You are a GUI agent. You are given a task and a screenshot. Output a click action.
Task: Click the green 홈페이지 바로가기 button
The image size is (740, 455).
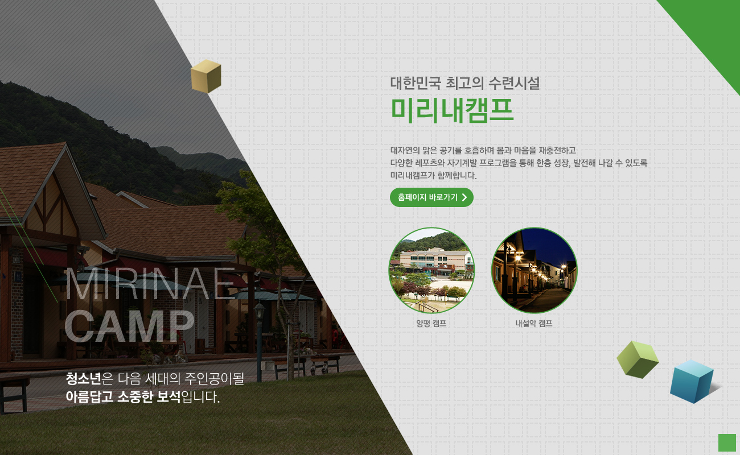[431, 197]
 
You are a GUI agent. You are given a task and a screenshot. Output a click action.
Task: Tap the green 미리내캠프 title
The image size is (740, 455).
[453, 110]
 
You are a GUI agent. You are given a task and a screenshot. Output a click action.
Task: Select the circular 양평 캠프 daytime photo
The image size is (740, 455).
[431, 270]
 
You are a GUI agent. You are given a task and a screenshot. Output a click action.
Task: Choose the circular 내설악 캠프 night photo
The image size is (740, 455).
[534, 270]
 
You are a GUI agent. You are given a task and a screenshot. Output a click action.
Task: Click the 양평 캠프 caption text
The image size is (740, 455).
[431, 323]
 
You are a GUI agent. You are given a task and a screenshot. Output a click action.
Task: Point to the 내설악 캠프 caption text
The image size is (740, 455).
[534, 323]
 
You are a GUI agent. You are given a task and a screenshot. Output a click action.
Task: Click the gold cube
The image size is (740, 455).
[206, 76]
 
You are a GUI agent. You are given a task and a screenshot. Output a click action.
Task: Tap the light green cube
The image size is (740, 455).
[638, 359]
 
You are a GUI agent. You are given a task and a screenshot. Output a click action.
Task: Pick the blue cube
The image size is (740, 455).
[692, 382]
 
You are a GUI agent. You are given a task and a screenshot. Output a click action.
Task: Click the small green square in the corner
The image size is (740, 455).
[727, 443]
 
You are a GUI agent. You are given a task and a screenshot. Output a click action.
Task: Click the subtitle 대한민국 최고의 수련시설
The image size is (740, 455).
[465, 83]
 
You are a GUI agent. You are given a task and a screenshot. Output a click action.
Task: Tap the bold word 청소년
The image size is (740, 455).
[83, 378]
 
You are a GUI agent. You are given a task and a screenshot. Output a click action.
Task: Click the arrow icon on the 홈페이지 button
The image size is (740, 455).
[464, 197]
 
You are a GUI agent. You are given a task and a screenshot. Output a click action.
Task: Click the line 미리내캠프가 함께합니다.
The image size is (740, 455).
[433, 175]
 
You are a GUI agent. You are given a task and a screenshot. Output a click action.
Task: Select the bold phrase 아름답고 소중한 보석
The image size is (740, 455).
[123, 397]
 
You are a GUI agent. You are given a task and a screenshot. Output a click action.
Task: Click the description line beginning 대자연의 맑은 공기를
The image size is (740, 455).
[483, 151]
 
